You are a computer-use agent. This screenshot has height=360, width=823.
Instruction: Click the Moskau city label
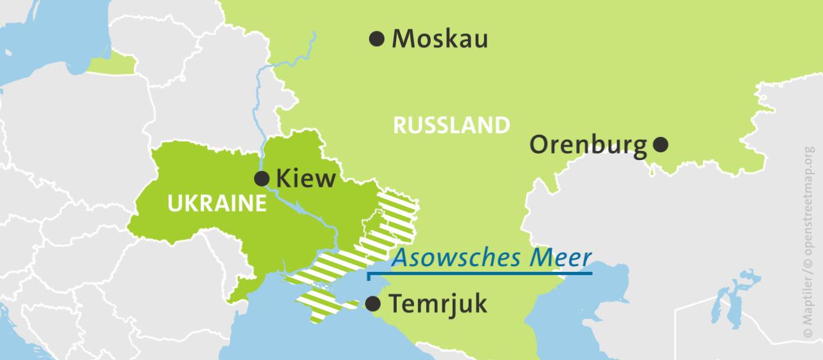click(x=440, y=39)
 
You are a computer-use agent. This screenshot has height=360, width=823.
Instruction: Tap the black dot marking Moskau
click(x=377, y=39)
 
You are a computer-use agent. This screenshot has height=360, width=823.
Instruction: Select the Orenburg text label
click(x=588, y=145)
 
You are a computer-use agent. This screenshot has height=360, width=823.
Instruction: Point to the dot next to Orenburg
click(x=660, y=145)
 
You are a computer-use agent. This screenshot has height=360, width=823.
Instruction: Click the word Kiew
click(x=305, y=179)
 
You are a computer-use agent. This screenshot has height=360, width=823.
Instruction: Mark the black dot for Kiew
click(x=262, y=179)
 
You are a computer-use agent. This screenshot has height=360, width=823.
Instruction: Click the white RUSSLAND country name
click(x=451, y=125)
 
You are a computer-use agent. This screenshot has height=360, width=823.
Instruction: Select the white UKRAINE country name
click(x=217, y=204)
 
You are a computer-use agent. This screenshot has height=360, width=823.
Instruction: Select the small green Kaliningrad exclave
click(x=113, y=64)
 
